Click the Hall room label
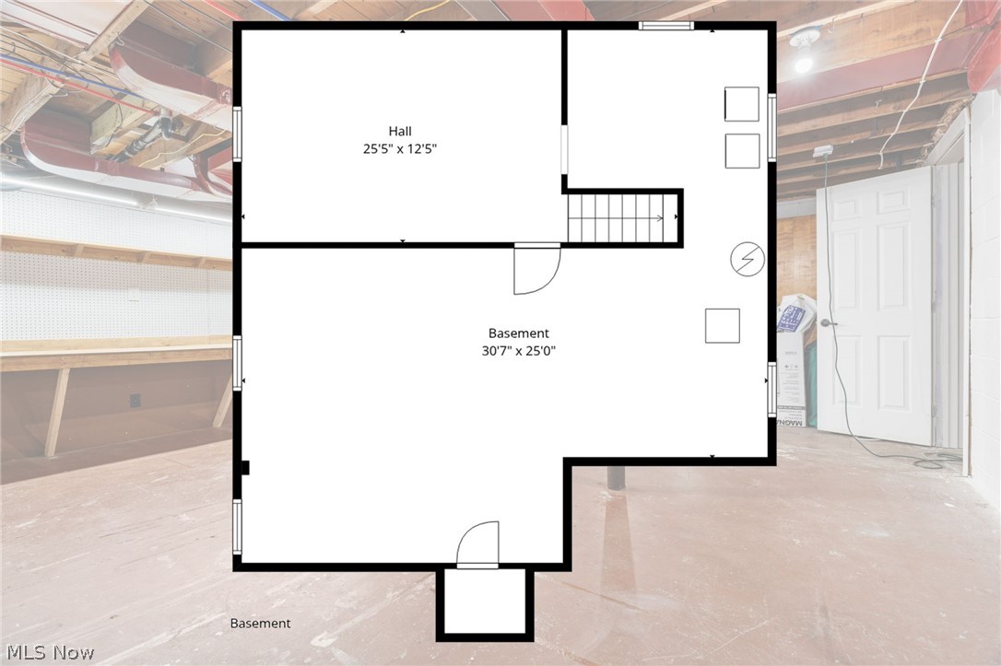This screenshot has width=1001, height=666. point(399,131)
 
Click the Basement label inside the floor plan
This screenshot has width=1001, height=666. point(518,333)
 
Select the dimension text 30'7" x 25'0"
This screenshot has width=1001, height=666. point(518,350)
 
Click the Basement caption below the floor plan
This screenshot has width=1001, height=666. point(260,624)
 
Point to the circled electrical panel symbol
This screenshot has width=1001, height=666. point(747,261)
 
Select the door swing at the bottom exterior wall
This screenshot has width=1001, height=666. point(477,544)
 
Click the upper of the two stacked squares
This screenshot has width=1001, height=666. point(742,104)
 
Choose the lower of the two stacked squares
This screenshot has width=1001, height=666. point(742,151)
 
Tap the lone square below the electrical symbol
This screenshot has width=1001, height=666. point(723,325)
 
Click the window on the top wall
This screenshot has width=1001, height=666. point(665,26)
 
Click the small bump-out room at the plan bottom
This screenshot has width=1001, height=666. point(485,602)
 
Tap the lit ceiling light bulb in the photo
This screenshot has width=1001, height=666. point(804,62)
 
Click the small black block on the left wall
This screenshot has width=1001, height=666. point(245,468)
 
